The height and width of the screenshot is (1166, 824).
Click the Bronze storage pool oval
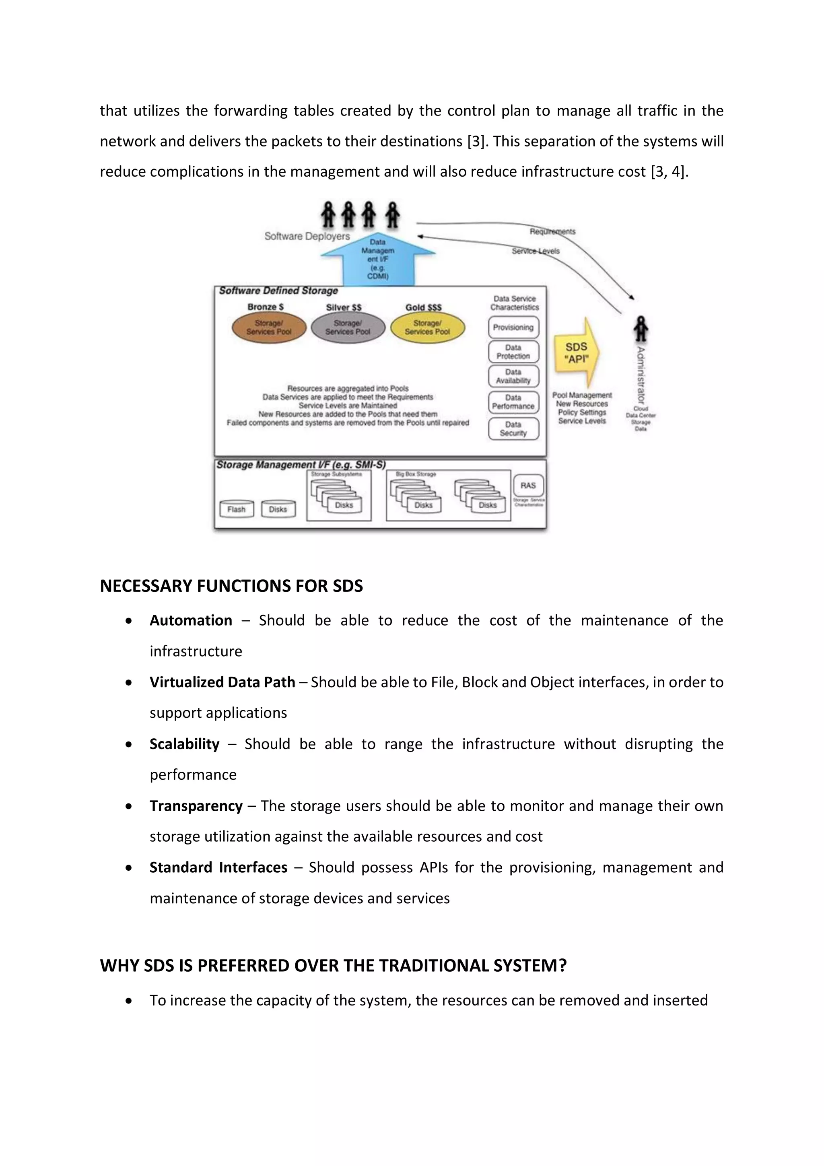(x=269, y=328)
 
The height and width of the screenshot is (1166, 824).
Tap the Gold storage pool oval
(x=427, y=328)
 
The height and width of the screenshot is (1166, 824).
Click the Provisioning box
(x=513, y=328)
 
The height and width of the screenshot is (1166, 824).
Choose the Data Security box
(x=513, y=428)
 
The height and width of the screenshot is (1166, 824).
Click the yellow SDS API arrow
(x=577, y=353)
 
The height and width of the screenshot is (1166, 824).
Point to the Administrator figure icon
(x=641, y=329)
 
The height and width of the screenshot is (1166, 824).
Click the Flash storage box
(x=237, y=509)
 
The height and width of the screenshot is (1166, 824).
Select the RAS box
(x=528, y=486)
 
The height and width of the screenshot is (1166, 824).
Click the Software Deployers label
(x=307, y=236)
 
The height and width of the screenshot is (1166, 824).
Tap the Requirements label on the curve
(x=552, y=232)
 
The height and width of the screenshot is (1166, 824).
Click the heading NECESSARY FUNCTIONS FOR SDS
(x=231, y=586)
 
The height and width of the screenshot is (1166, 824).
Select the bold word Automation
(x=191, y=620)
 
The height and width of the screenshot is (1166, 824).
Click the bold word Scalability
(x=184, y=744)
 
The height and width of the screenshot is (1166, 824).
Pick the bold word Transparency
(x=196, y=806)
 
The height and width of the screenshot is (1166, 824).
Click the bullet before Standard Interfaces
(x=129, y=868)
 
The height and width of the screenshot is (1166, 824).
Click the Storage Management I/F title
(x=301, y=465)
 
